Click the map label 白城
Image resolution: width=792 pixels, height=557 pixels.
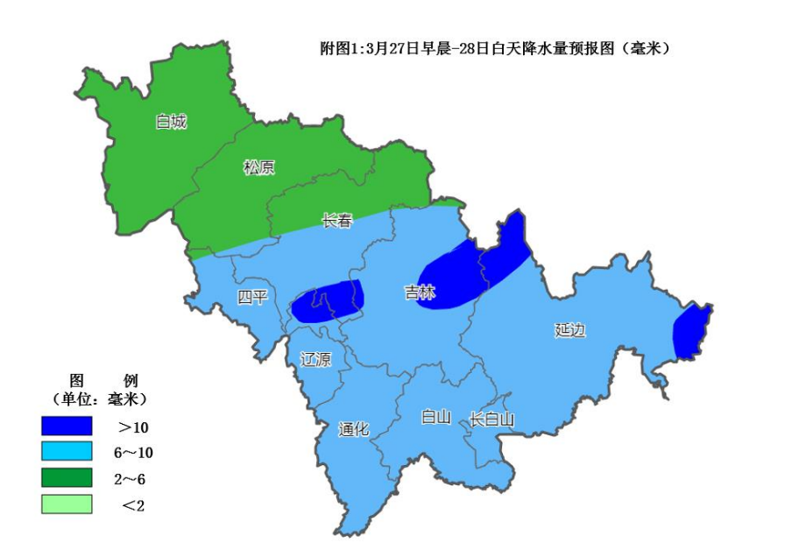171,122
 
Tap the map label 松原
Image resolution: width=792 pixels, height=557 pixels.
258,167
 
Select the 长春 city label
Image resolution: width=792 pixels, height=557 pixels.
337,221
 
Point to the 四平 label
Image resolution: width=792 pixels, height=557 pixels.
252,297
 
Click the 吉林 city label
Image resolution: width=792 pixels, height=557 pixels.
420,293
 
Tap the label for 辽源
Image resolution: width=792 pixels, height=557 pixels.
315,358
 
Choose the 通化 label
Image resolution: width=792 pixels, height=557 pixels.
354,429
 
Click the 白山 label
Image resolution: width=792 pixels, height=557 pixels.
435,417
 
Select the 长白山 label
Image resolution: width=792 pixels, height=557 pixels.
491,420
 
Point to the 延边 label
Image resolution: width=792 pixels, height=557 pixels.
569,330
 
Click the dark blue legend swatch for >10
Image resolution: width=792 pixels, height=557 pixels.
67,426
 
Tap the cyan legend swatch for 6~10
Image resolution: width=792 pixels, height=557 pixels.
67,452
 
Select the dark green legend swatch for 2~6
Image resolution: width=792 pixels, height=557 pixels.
67,477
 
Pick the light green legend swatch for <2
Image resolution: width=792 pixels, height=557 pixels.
67,504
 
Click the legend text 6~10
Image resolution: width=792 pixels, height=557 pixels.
133,453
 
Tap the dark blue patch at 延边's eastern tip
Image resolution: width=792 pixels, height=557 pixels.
691,332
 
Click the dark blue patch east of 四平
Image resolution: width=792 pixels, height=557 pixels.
328,300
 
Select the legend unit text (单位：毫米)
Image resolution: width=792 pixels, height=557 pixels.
98,399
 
